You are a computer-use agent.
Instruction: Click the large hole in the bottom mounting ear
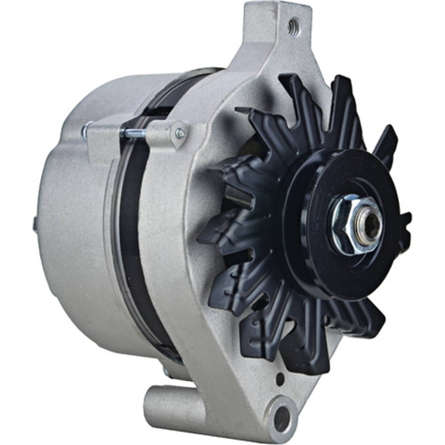click(x=280, y=414)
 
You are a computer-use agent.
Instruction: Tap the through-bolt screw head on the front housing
click(x=181, y=134)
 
